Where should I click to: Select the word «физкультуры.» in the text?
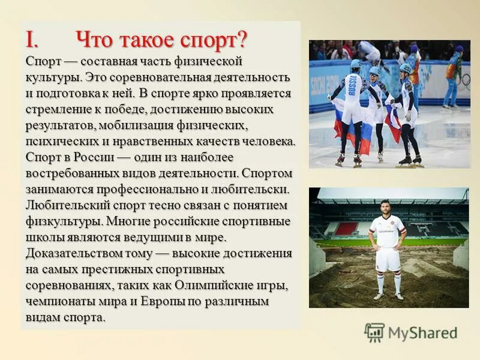[61, 221]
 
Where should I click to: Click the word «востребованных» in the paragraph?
[66, 173]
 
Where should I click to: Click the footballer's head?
[385, 206]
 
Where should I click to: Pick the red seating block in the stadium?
[346, 229]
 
